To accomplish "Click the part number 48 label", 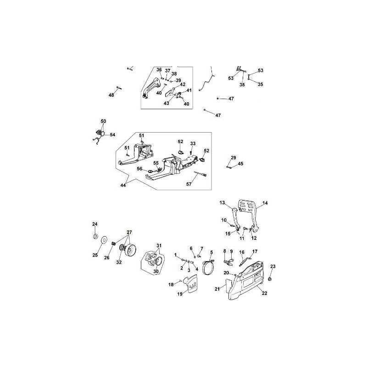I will pos(111,95).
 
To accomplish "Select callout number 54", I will pos(112,134).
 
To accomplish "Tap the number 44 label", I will pos(123,185).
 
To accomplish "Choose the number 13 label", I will pos(222,202).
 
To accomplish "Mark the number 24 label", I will pos(95,224).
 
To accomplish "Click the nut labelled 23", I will pos(270,278).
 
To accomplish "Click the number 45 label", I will pos(240,164).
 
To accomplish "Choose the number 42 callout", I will pos(183,84).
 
